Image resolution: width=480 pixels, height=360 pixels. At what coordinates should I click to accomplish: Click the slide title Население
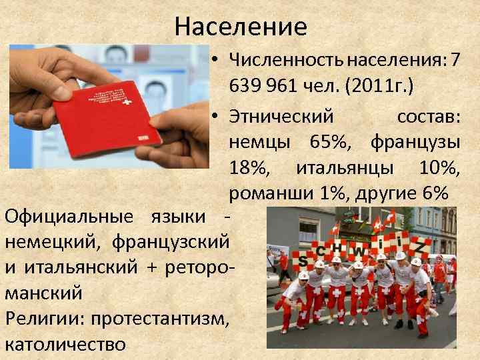click(x=241, y=26)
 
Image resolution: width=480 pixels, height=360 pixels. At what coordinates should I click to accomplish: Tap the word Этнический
click(x=281, y=116)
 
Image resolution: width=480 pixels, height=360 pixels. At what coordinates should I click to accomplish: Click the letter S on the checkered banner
click(x=304, y=259)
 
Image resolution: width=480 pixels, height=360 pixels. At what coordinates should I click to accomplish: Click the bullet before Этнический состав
click(x=217, y=116)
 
